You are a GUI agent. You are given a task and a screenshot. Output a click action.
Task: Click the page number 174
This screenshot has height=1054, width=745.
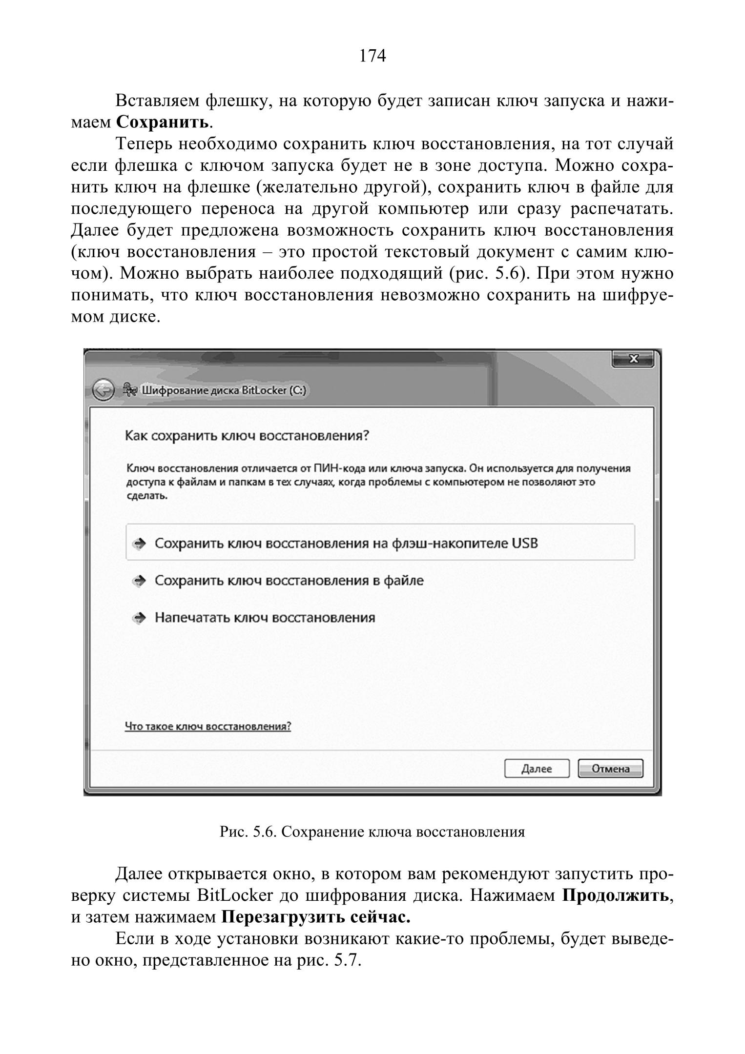(372, 57)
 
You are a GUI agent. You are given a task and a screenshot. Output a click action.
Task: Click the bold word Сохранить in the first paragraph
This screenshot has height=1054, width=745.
(163, 122)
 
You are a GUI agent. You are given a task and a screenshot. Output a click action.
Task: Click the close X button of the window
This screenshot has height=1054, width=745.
(633, 359)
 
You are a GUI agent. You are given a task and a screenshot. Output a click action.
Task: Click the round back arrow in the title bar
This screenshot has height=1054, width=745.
(103, 390)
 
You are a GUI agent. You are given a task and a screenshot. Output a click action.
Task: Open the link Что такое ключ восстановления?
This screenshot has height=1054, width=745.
(208, 726)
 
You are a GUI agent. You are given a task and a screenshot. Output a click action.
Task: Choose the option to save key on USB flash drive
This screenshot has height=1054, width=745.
(346, 543)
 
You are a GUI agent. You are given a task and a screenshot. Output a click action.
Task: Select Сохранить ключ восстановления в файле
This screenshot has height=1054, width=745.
(289, 581)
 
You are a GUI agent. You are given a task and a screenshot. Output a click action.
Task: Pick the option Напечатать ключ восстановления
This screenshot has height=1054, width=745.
(265, 618)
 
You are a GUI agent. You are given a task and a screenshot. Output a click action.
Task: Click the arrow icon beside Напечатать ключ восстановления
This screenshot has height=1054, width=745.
(140, 618)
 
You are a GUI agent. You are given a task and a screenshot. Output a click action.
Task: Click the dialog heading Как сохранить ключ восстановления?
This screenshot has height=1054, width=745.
(247, 435)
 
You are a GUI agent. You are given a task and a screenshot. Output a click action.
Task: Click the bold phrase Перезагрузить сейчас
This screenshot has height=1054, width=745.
(316, 917)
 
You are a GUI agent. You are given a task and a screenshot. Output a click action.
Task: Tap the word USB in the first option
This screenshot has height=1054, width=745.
(524, 543)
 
